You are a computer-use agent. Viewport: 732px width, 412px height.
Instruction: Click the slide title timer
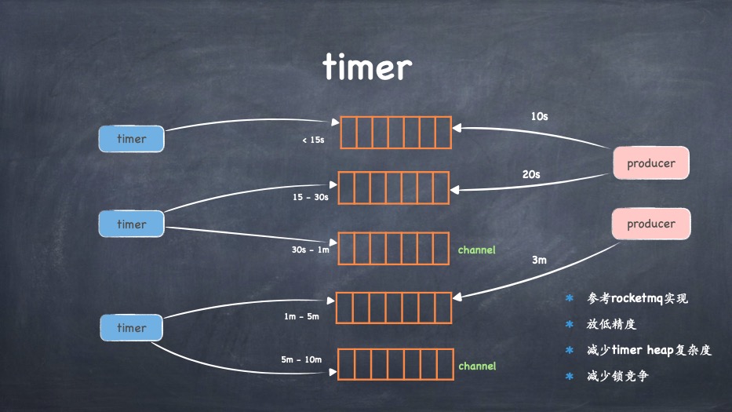tap(366, 68)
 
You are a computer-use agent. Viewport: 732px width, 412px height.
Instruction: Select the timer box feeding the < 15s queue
tap(131, 139)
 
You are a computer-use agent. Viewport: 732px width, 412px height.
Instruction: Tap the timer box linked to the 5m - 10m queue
tap(131, 328)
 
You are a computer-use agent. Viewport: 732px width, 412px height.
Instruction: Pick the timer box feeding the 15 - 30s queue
tap(131, 224)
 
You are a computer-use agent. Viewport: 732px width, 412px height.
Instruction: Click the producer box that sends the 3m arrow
tap(650, 224)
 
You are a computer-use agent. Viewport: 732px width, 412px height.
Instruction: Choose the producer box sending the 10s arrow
tap(650, 164)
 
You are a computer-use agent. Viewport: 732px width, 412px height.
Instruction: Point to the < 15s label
tap(313, 140)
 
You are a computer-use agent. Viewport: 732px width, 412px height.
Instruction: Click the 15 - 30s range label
tap(311, 197)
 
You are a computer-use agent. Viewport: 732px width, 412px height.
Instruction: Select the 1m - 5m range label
tap(302, 316)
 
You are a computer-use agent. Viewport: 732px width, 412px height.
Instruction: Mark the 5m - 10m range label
tap(301, 359)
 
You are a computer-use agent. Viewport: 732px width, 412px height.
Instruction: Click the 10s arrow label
tap(539, 116)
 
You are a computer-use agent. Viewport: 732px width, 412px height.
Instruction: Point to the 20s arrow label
tap(531, 174)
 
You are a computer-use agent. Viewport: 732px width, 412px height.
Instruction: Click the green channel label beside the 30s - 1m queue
tap(477, 250)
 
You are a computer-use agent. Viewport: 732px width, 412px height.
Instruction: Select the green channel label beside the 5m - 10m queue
tap(477, 366)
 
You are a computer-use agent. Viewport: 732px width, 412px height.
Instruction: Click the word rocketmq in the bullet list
tap(637, 298)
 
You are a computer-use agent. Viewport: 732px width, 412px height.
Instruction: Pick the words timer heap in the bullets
tap(640, 350)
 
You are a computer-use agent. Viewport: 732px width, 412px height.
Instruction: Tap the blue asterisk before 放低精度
tap(570, 324)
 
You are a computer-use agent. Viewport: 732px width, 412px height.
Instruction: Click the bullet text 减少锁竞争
tap(617, 376)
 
